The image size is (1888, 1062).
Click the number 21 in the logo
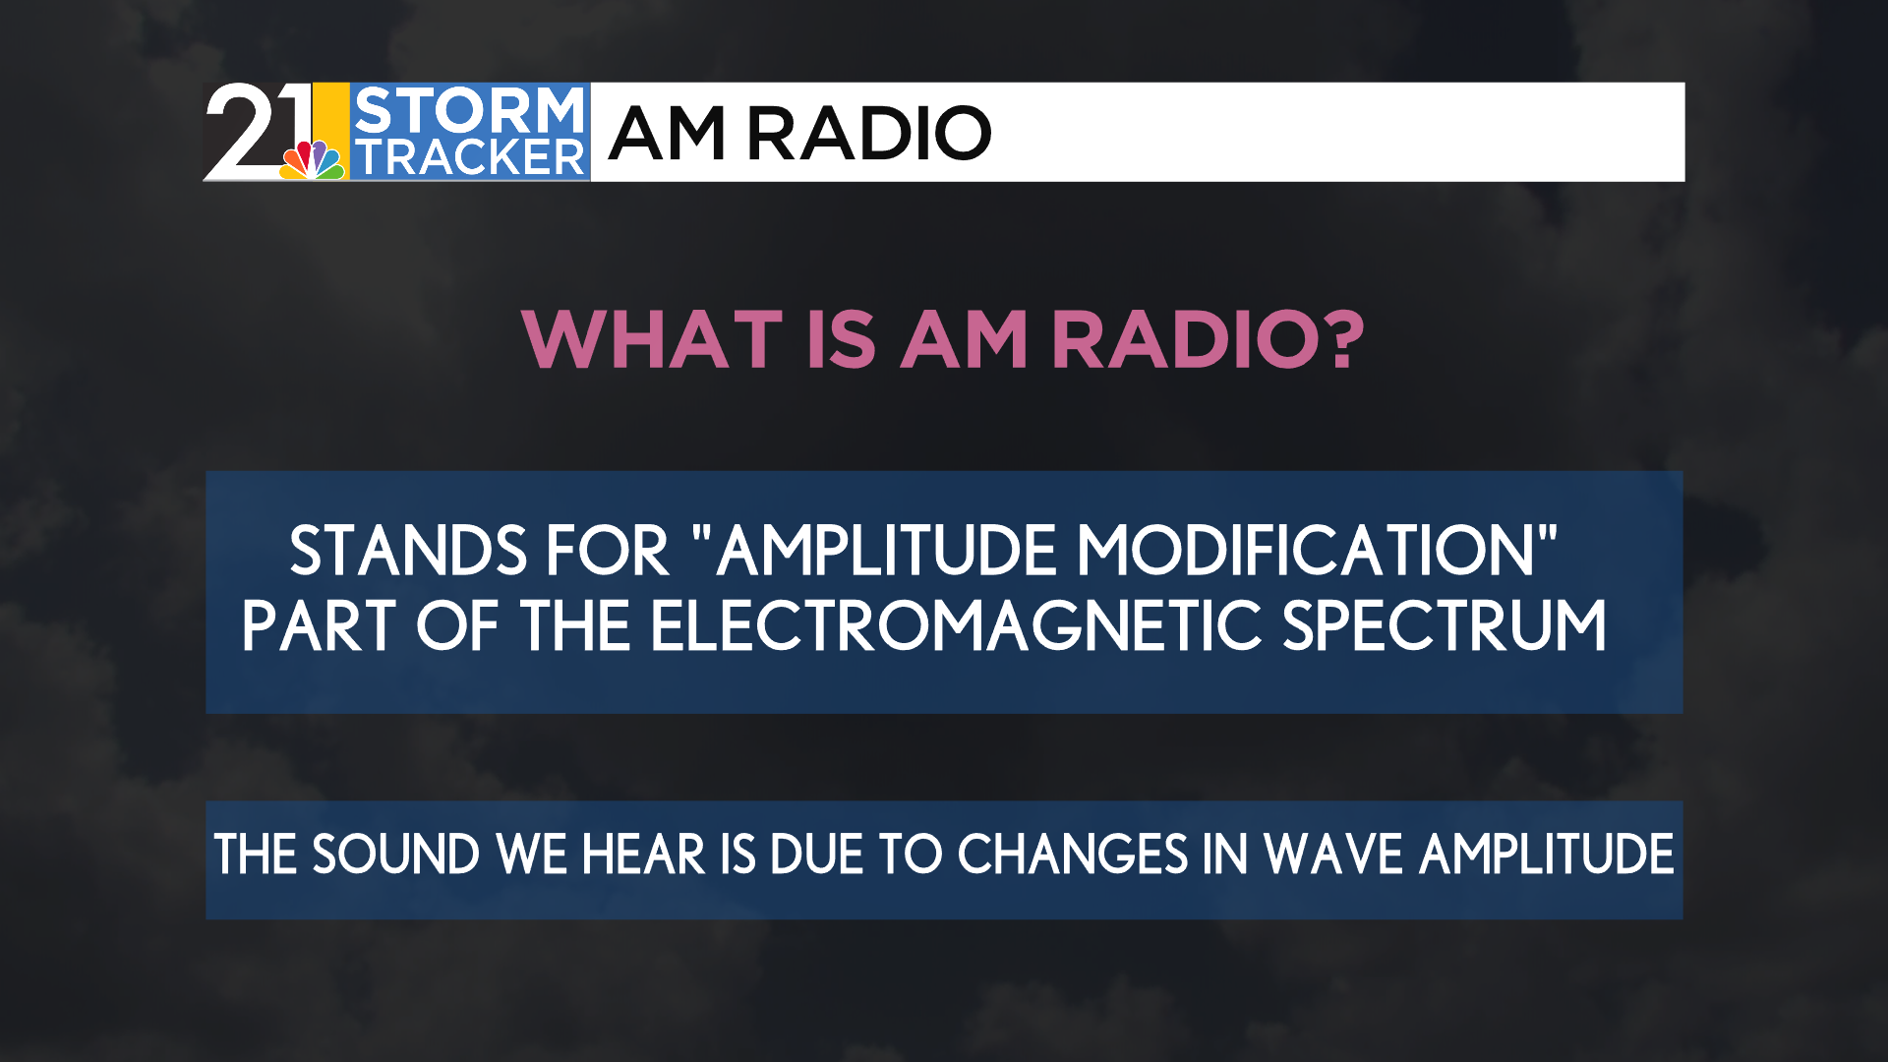(258, 131)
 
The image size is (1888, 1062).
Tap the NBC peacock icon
(313, 159)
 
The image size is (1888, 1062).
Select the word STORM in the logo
(469, 109)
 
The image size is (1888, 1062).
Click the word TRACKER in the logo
(469, 157)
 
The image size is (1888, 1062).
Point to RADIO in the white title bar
(869, 133)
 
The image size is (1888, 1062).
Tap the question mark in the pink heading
(1340, 340)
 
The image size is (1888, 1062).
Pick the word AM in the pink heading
(965, 340)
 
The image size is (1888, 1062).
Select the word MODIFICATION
(1306, 551)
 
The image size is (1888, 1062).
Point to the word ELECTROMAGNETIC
(956, 626)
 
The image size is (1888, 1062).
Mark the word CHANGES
(1073, 854)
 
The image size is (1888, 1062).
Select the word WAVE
(1333, 854)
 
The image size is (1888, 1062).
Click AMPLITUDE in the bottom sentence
(1547, 854)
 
